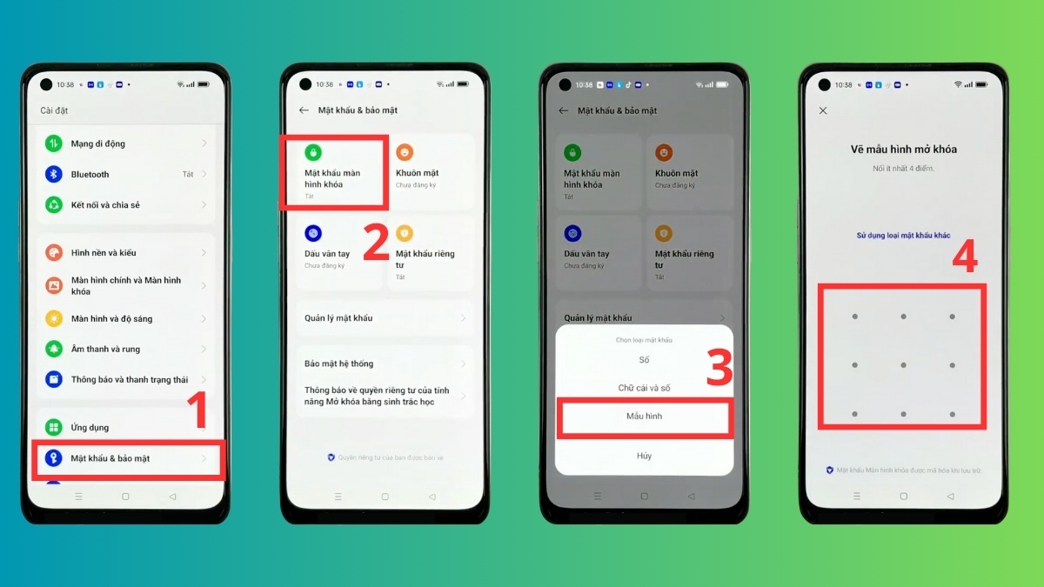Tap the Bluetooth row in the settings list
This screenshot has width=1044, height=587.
[x=126, y=174]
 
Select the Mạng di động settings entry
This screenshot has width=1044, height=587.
[x=126, y=143]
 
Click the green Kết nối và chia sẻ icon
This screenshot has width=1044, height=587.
[x=54, y=205]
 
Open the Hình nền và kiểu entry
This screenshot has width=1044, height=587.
[x=126, y=253]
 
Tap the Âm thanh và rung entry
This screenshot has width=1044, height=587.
[x=126, y=349]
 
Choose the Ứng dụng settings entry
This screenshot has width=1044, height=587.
[x=126, y=427]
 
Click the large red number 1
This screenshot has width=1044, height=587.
[x=199, y=411]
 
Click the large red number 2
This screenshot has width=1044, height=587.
[x=375, y=243]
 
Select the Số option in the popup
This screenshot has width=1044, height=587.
[x=644, y=360]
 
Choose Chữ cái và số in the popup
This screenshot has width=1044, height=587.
[x=644, y=388]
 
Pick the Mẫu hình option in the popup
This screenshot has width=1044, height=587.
[x=644, y=417]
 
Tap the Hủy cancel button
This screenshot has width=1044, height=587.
[x=644, y=456]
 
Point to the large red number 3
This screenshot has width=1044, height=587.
[x=719, y=369]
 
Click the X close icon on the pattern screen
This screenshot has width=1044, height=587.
[x=823, y=111]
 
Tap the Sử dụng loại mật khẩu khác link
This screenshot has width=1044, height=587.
[x=903, y=236]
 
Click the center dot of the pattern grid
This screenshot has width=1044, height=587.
[x=903, y=365]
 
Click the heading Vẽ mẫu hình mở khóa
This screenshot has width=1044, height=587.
[x=903, y=150]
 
